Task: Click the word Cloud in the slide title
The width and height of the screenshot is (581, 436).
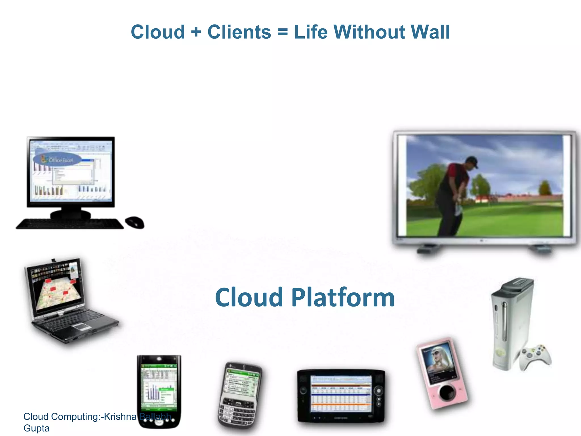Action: [158, 32]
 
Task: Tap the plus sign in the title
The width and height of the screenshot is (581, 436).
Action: [196, 32]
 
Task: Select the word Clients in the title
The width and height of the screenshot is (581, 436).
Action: [239, 32]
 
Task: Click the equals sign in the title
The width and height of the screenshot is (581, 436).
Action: [283, 32]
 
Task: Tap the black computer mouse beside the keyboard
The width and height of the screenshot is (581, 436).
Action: [135, 222]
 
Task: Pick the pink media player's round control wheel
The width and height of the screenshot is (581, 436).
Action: [447, 393]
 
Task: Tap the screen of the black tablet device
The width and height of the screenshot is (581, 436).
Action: [341, 393]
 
